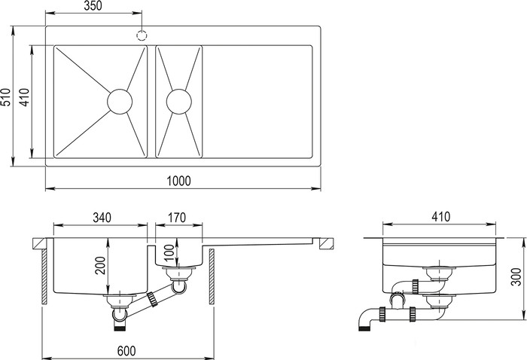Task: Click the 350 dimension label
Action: [93, 6]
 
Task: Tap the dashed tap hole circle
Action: [142, 35]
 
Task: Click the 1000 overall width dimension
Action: [179, 181]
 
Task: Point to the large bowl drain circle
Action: [120, 102]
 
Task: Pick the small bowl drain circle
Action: [179, 102]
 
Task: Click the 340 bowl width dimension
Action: [102, 218]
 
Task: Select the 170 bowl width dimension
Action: [178, 218]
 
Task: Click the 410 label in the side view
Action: [440, 217]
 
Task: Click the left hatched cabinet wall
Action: [44, 276]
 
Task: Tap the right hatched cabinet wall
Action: [212, 276]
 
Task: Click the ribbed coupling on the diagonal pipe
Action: [152, 299]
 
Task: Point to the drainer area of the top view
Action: [257, 102]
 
